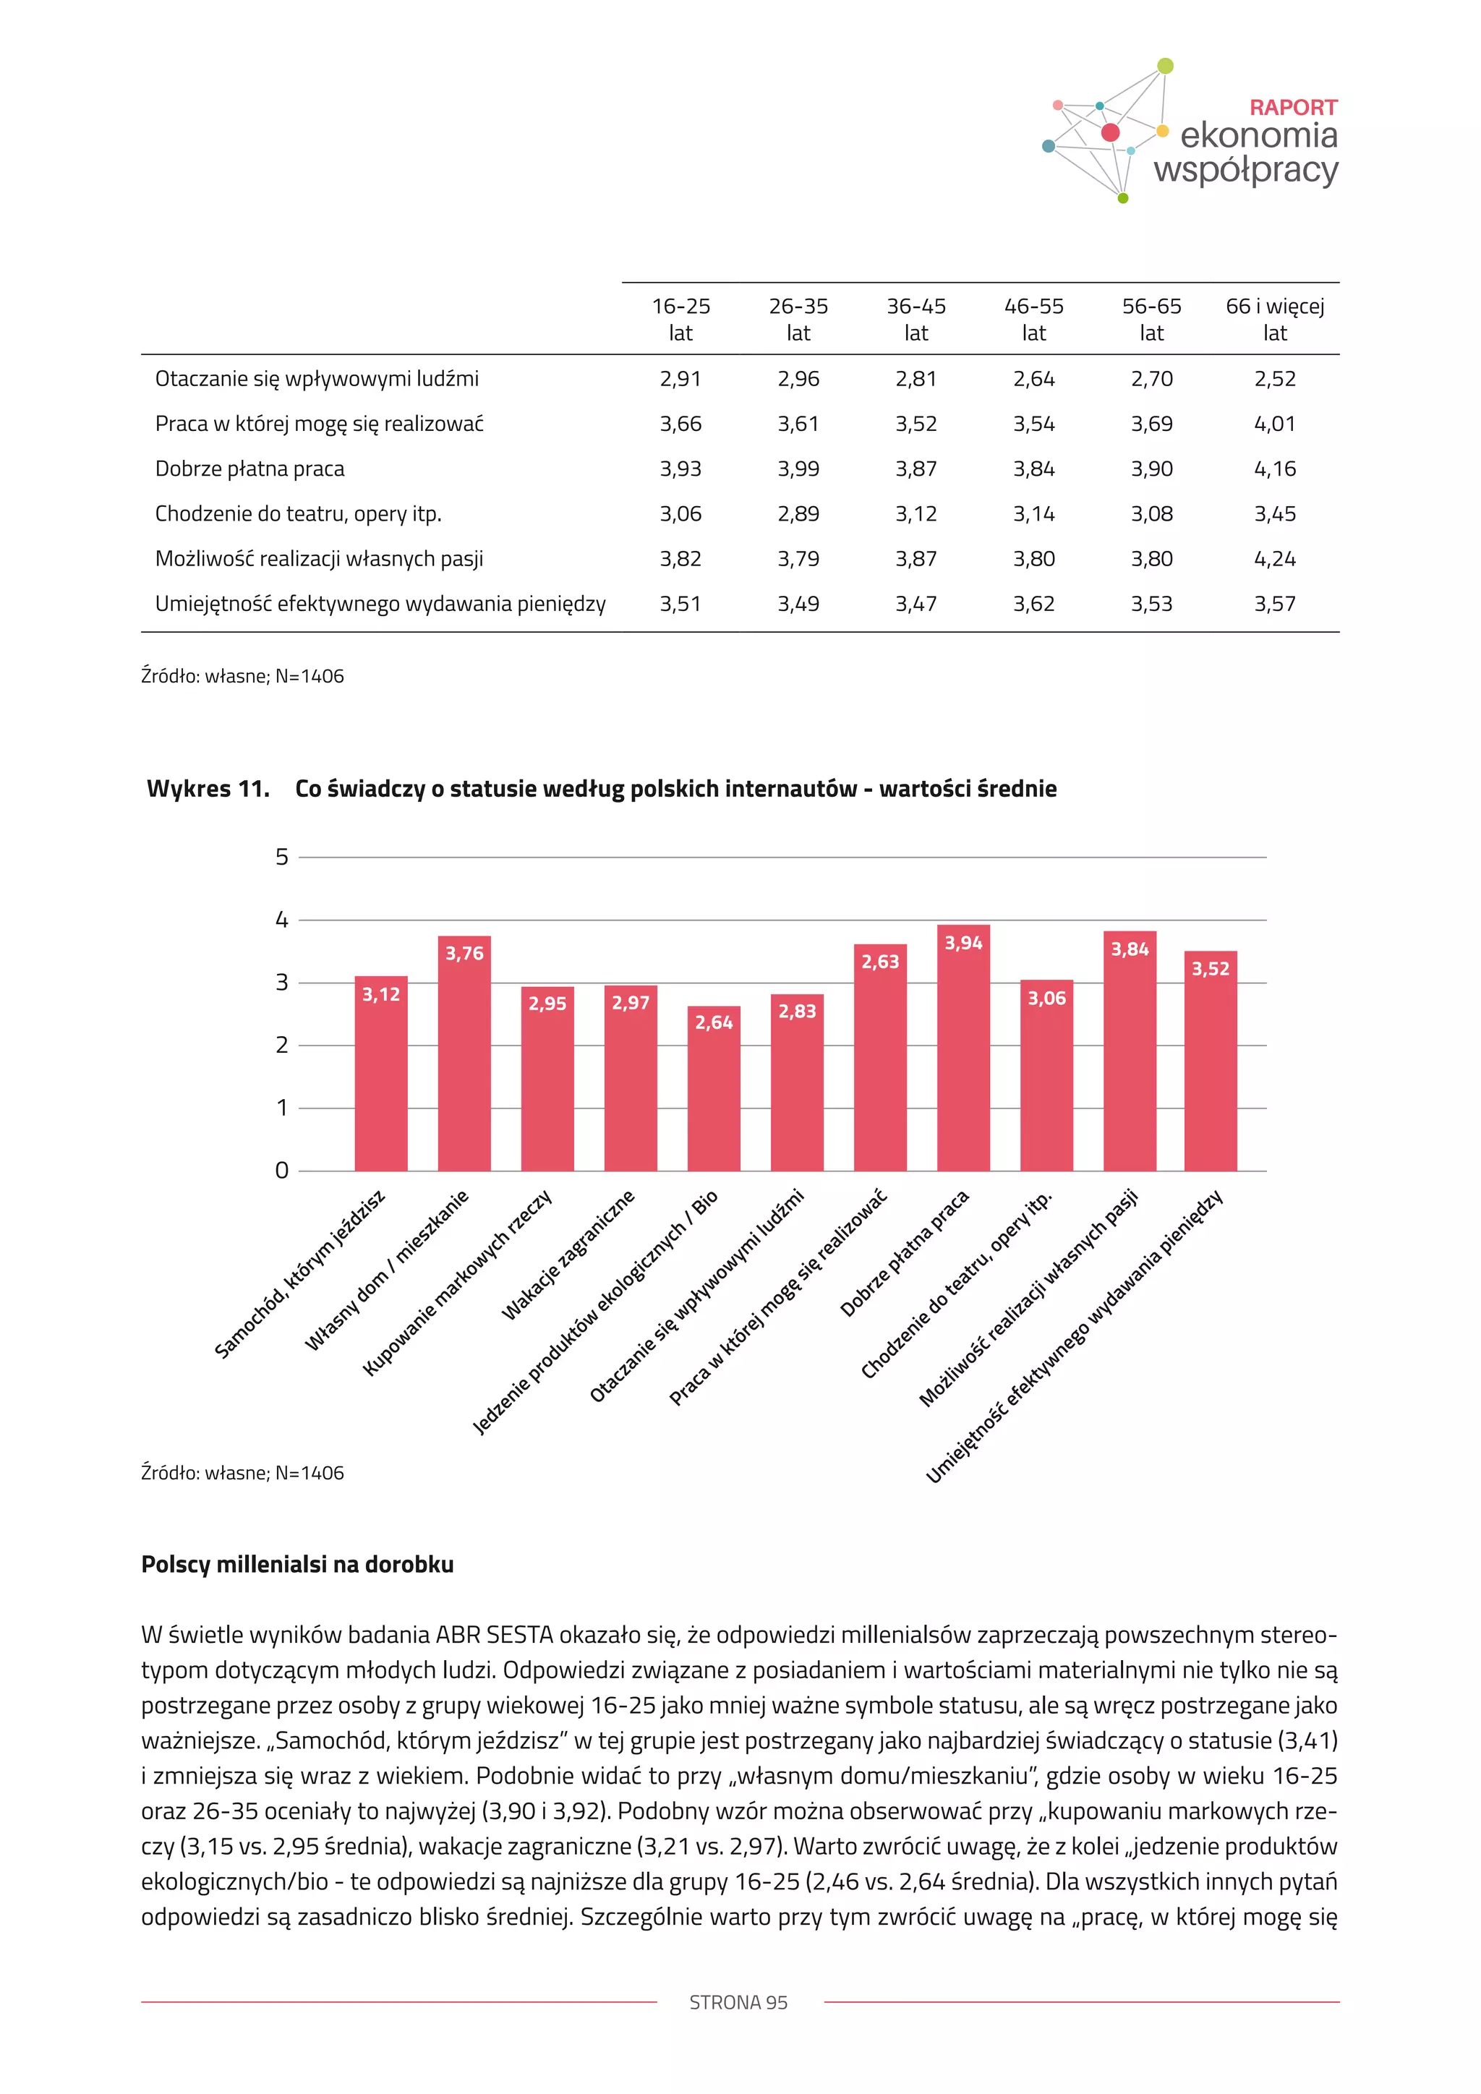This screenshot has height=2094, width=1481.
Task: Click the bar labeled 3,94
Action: coord(963,1049)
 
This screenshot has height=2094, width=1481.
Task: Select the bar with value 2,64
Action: coord(713,1090)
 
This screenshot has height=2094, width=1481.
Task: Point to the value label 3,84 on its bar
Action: coord(1129,949)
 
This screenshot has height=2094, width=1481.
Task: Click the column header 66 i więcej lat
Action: coord(1274,319)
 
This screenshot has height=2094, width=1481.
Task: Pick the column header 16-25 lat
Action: coord(680,319)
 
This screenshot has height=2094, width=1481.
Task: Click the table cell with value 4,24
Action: coord(1274,558)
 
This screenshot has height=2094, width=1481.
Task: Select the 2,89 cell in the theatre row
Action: coord(798,513)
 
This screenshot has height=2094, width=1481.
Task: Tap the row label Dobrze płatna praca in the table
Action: coord(250,469)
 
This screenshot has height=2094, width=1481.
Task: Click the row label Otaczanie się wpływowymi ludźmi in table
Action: coord(317,378)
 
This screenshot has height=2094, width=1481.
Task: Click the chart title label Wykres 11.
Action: coord(208,789)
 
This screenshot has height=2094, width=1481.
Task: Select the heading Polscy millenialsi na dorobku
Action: coord(297,1564)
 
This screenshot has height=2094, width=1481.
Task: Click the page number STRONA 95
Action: coord(738,2002)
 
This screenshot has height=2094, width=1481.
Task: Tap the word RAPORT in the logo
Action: coord(1292,108)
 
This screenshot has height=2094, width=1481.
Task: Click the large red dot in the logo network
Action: coord(1110,133)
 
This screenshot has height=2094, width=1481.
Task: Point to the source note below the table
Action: coord(242,676)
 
